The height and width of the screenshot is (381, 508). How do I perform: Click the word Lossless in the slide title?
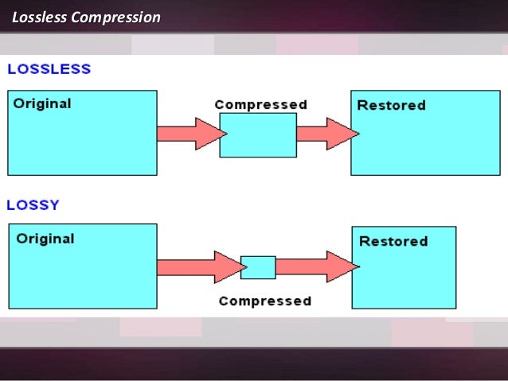coord(39,17)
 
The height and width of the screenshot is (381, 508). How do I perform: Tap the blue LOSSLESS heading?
coord(49,69)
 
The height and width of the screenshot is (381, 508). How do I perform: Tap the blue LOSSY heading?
coord(33,204)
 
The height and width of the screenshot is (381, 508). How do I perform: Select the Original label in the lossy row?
coord(45,239)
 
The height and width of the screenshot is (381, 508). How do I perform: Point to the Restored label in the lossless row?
coord(391,105)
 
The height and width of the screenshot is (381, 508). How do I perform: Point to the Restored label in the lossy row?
coord(393,241)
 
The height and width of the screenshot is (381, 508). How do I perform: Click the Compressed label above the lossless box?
coord(260,104)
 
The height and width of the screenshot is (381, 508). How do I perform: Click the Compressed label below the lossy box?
coord(264,301)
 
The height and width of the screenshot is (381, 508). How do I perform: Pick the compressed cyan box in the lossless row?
coord(257,134)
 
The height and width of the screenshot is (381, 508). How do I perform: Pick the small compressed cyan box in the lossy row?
coord(258,267)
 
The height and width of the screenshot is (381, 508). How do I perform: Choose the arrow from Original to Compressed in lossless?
coord(189,133)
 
